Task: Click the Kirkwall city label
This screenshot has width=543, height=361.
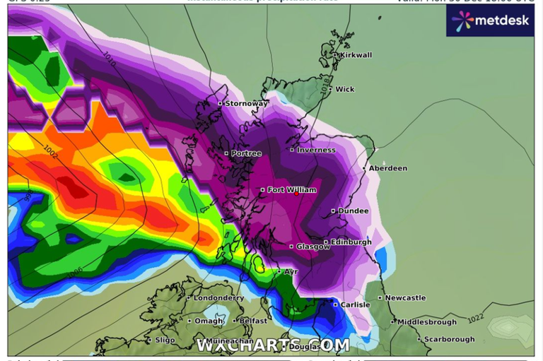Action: pos(356,55)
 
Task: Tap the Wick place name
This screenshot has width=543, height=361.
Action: pos(344,90)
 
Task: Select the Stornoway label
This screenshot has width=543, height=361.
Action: pos(246,104)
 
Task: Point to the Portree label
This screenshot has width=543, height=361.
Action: pos(246,153)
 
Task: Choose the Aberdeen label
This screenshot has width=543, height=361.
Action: pos(388,169)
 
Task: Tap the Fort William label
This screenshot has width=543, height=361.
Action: pos(291,190)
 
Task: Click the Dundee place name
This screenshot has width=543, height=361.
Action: pos(354,211)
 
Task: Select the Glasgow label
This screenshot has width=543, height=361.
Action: pos(313,247)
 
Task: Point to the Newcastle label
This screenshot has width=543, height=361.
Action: pos(405,298)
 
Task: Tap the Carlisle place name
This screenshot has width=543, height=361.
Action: pos(355,305)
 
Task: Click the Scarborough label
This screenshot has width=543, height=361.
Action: pos(450,340)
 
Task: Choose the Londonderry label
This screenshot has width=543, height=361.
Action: pos(218,298)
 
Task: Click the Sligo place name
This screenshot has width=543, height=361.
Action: pos(164,340)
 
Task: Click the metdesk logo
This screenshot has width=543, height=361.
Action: pos(490,20)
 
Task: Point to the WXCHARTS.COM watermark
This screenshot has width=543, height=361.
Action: pos(272,345)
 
